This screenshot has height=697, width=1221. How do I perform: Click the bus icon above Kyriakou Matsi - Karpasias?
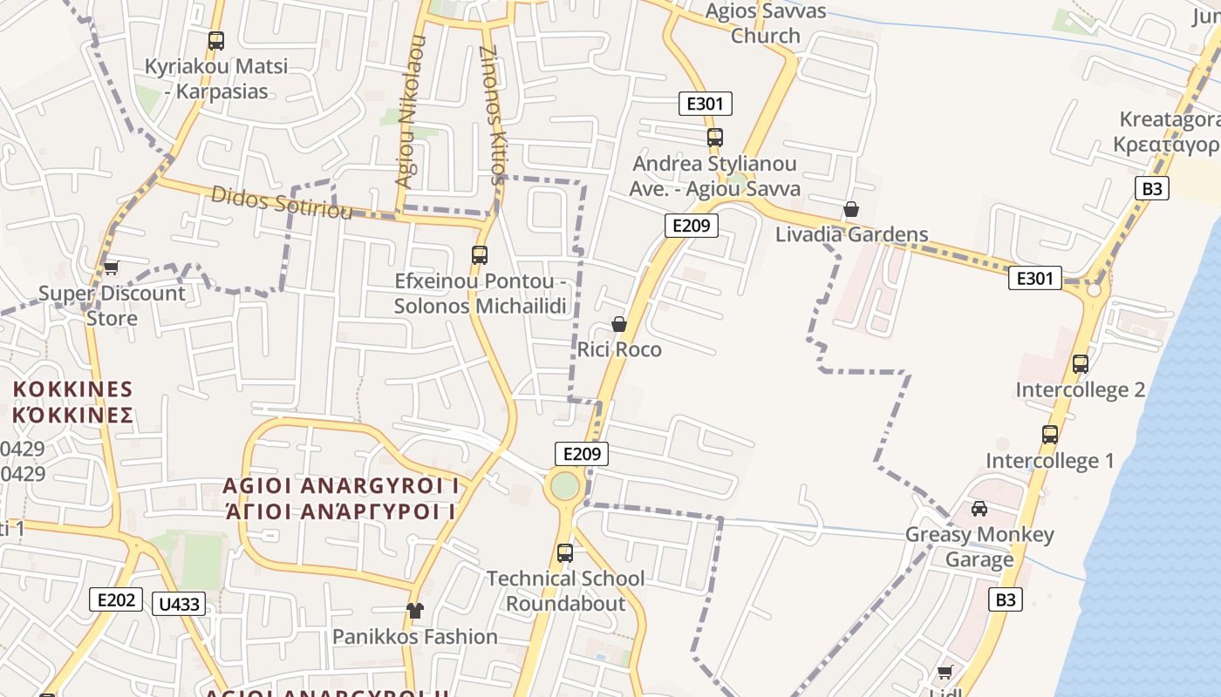tap(216, 41)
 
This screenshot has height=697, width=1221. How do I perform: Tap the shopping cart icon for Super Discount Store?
tap(111, 267)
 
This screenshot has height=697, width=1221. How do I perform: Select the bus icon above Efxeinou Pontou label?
tap(479, 255)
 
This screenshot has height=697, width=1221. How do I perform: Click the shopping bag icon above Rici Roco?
tap(619, 324)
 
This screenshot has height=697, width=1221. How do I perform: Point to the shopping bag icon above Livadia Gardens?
tap(851, 209)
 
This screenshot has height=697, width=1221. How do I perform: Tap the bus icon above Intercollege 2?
tap(1081, 364)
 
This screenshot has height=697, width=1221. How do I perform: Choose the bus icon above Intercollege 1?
tap(1050, 434)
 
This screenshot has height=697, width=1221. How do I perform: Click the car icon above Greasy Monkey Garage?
tap(979, 509)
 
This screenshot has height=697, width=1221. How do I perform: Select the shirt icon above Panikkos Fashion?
tap(414, 611)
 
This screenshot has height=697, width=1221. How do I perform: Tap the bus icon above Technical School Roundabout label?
tap(565, 552)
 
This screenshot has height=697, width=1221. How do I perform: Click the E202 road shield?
tap(116, 599)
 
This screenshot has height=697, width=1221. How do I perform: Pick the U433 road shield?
tap(179, 604)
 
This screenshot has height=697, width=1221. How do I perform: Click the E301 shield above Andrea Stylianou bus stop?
tap(705, 104)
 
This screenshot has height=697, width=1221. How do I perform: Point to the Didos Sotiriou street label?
tap(281, 202)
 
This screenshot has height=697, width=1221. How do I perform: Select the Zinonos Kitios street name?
tap(493, 113)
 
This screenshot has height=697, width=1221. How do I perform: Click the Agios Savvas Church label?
tap(766, 24)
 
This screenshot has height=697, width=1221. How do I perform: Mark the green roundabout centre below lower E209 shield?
tap(565, 485)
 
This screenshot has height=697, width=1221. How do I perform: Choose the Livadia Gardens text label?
tap(851, 234)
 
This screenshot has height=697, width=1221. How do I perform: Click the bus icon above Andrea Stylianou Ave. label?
tap(715, 138)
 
